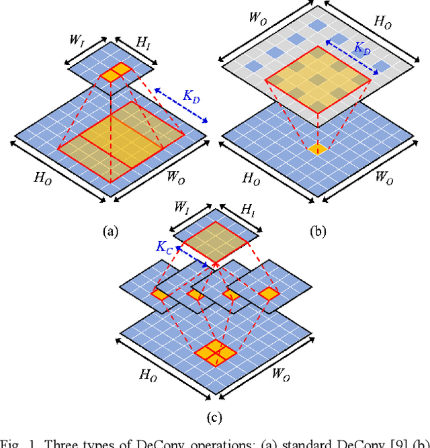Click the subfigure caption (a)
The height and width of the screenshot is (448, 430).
click(110, 232)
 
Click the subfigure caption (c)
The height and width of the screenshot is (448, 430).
click(214, 417)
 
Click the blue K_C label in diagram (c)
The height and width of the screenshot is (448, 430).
click(165, 248)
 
